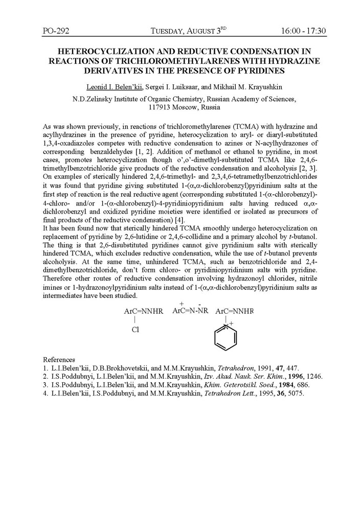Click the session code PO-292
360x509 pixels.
tap(56, 31)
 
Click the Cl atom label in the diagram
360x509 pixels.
tap(135, 330)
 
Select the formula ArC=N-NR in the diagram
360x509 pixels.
tap(191, 310)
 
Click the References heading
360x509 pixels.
tap(59, 359)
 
